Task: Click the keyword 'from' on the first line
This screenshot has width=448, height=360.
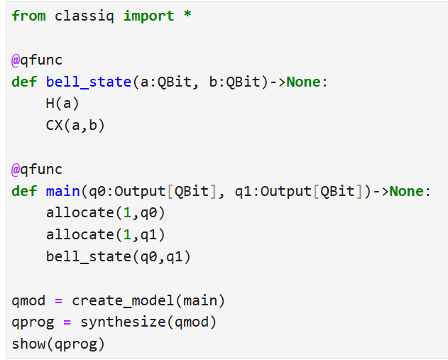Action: click(28, 16)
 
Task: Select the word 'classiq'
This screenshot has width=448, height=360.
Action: click(84, 16)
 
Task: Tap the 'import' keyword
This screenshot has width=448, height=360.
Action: click(148, 16)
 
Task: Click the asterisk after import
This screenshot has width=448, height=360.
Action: click(187, 14)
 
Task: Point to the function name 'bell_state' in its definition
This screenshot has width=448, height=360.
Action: click(89, 82)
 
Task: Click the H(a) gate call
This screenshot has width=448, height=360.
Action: click(62, 104)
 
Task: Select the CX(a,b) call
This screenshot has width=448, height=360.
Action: click(75, 126)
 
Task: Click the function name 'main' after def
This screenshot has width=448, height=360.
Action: click(63, 191)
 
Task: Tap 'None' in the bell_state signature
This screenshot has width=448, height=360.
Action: click(303, 82)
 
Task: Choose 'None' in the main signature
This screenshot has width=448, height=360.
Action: click(406, 191)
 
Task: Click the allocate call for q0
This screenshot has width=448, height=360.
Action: click(106, 213)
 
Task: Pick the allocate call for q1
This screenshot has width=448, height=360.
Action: click(106, 235)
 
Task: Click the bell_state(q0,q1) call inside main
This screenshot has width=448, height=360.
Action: click(119, 256)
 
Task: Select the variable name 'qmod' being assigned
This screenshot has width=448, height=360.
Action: click(28, 301)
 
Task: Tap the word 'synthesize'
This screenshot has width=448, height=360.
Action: click(123, 322)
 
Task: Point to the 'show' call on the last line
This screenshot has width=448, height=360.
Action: click(28, 344)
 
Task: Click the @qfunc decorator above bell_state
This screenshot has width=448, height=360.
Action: click(37, 60)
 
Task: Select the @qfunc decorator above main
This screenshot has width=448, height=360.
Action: click(37, 170)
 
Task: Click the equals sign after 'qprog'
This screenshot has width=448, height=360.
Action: click(67, 322)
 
